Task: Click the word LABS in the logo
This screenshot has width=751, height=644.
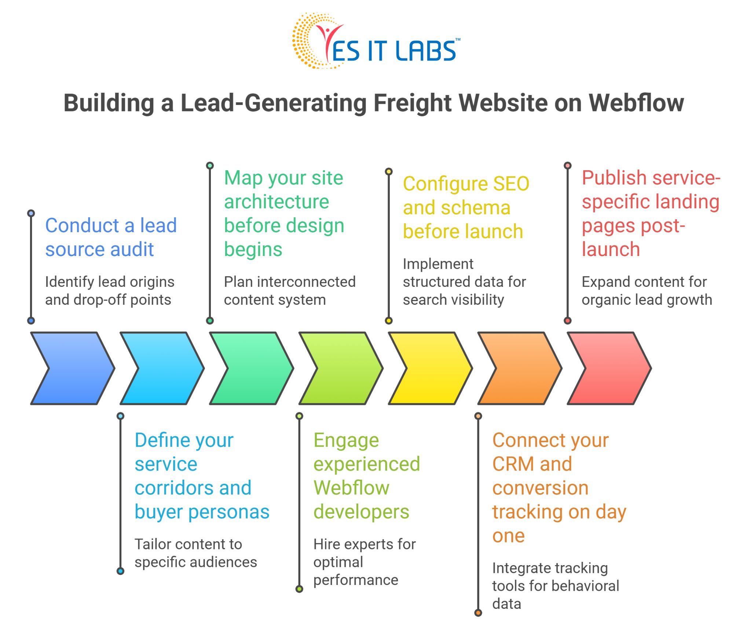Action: (425, 51)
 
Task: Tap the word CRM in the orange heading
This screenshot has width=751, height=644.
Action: (513, 464)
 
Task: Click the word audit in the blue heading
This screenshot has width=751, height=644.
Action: (132, 249)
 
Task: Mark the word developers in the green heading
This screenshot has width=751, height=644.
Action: (361, 512)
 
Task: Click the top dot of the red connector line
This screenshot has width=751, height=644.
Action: (567, 165)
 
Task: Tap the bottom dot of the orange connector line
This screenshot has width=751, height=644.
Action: (478, 612)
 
